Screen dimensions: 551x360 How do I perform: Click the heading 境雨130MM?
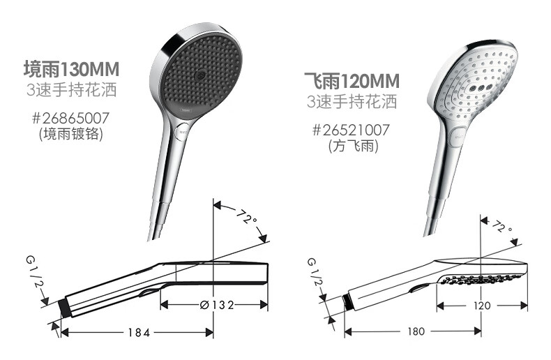71,69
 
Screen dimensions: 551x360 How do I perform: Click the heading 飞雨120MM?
352,81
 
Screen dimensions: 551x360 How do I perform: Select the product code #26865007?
70,118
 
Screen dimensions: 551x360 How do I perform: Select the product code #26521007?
351,130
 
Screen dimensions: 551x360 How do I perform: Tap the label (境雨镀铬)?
71,133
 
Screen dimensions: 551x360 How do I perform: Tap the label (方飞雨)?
353,146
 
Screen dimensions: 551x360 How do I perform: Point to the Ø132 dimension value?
217,305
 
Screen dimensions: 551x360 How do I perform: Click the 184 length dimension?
139,332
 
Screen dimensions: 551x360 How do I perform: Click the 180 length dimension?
416,331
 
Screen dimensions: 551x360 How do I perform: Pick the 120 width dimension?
482,306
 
